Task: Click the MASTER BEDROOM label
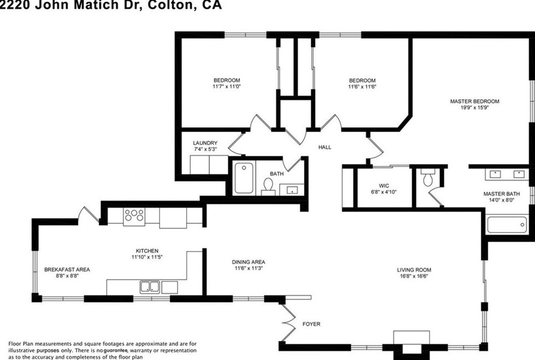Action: [x=474, y=101]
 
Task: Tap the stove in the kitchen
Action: [x=134, y=216]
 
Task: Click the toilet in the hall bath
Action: [x=268, y=185]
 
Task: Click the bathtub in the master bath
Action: [x=507, y=224]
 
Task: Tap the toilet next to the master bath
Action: [x=427, y=178]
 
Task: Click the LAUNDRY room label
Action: [x=205, y=143]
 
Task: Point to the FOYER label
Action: [x=311, y=324]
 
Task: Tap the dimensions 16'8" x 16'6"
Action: [x=414, y=276]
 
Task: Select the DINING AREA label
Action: [x=248, y=261]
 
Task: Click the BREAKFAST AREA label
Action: [x=67, y=269]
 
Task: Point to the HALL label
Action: [x=325, y=148]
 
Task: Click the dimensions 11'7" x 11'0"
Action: [x=227, y=87]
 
